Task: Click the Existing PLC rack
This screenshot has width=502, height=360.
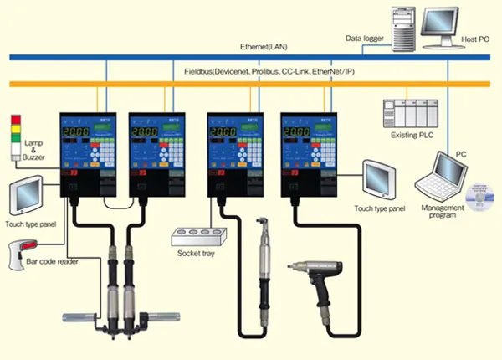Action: coord(410,113)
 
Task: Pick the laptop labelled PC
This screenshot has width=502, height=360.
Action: coord(443,175)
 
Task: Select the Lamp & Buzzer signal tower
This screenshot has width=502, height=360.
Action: coord(13,139)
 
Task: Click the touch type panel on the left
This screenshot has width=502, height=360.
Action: coord(25,194)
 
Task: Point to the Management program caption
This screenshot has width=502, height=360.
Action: coord(439,211)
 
